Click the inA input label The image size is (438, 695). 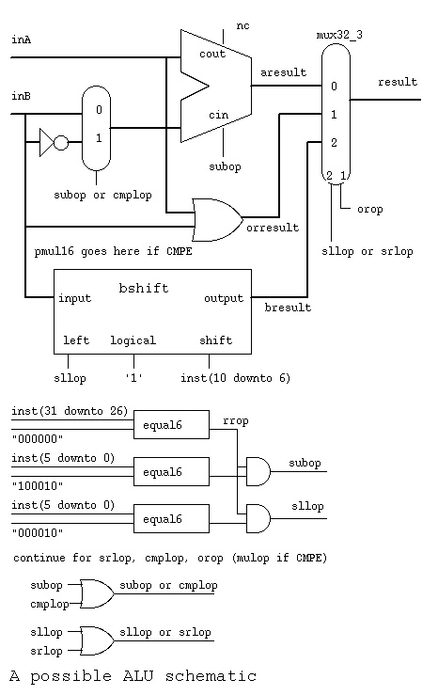22,39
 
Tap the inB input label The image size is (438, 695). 21,96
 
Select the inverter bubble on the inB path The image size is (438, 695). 61,143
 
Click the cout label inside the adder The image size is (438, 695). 212,54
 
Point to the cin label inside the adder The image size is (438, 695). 218,116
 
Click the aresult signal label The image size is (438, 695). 283,72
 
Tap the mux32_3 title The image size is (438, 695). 339,35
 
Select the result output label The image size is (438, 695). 398,82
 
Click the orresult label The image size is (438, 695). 273,228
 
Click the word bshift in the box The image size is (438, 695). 144,288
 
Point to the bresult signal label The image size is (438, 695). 288,308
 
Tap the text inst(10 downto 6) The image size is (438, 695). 235,378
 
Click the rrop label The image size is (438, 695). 236,420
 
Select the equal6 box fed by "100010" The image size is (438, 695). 171,471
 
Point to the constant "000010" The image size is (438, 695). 38,533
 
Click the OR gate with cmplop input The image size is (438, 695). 96,594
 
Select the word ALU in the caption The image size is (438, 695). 138,676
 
